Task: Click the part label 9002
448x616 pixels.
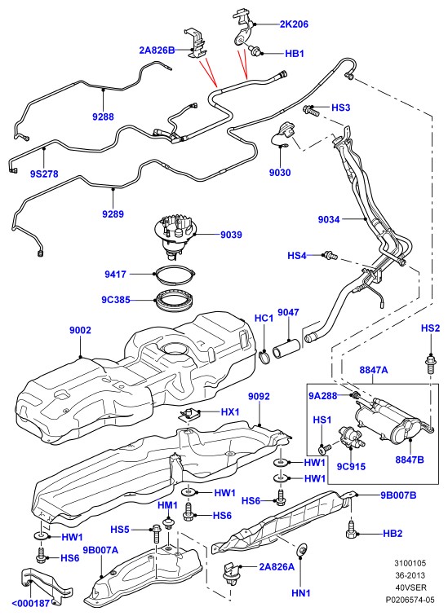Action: (x=80, y=330)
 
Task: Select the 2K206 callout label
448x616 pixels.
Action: (x=294, y=24)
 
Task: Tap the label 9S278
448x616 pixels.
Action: (x=44, y=174)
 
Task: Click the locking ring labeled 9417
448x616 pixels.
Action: (x=175, y=274)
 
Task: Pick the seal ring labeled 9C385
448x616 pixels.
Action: (x=175, y=300)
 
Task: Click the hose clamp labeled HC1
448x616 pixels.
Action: (x=264, y=357)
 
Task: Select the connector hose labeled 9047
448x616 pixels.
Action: (x=287, y=350)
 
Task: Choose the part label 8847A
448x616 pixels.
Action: (x=373, y=370)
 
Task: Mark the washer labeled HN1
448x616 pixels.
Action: (x=302, y=549)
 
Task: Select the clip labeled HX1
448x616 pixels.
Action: (x=188, y=414)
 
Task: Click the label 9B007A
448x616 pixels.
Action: (x=100, y=550)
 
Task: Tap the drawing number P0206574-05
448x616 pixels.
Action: (x=410, y=600)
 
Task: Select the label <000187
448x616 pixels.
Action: (x=31, y=604)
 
